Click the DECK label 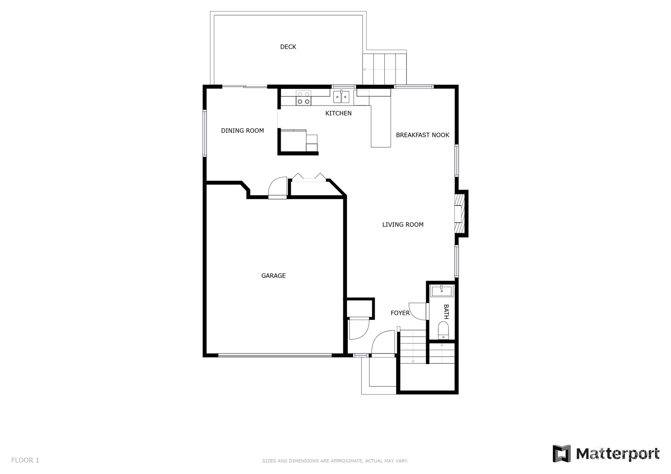pos(288,47)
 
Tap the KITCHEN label pos(339,113)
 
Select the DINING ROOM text pos(242,131)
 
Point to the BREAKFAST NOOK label pos(422,135)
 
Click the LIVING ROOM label pos(403,224)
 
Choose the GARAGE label pos(273,276)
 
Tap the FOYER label pos(400,313)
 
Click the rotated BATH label pos(446,312)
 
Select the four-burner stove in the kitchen pos(304,98)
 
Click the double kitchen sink pos(341,97)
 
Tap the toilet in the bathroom pos(443,331)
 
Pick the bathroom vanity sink pos(442,291)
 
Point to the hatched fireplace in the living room pos(460,214)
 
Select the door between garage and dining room pos(277,188)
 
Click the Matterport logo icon pos(561,454)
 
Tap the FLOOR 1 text pos(25,460)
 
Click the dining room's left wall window pos(205,133)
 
